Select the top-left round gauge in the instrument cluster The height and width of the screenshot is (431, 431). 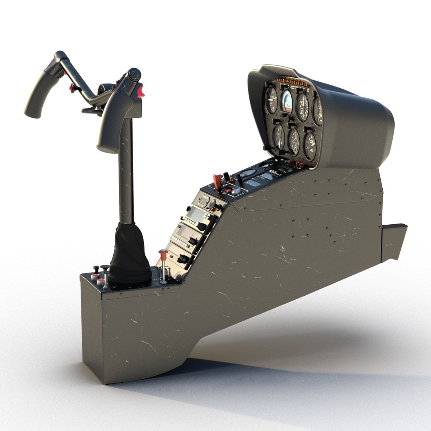pos(272,99)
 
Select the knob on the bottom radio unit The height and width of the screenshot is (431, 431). pos(183,259)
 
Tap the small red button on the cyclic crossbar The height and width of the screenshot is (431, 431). pos(72,87)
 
